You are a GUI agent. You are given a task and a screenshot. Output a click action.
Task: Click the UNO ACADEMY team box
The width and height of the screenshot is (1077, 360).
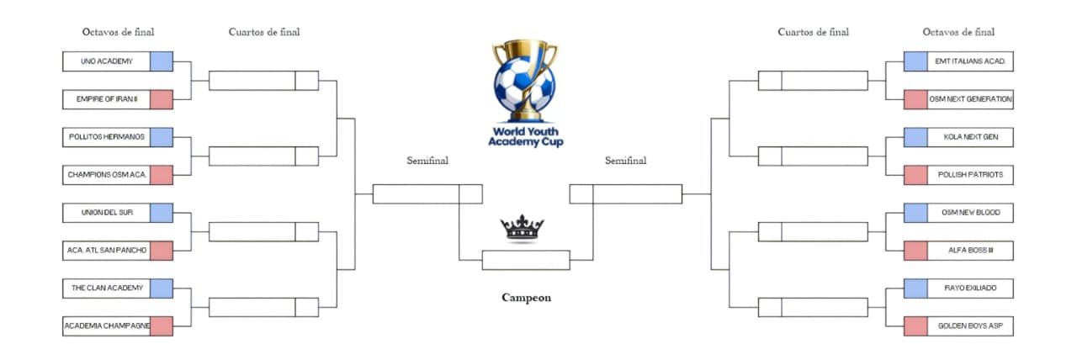(107, 61)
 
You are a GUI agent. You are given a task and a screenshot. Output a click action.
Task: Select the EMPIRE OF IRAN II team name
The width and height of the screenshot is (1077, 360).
(107, 99)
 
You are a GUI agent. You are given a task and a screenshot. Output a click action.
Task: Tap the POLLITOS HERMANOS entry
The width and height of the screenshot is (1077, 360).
(107, 137)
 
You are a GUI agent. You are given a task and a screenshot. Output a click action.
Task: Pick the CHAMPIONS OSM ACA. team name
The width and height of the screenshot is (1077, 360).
(107, 175)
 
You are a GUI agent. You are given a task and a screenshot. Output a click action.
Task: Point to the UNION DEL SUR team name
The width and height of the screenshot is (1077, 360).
(107, 213)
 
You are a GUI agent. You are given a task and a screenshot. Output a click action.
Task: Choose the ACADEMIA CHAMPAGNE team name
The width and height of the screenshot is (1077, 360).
(107, 326)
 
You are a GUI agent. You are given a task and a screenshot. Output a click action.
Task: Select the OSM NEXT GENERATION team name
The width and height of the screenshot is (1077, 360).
(970, 99)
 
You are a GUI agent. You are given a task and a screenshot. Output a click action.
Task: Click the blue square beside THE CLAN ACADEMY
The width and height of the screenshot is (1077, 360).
(162, 289)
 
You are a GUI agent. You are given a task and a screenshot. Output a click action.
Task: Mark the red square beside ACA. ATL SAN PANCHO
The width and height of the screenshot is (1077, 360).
(162, 251)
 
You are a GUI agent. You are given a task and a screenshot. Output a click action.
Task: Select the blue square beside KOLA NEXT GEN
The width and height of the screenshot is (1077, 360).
(915, 137)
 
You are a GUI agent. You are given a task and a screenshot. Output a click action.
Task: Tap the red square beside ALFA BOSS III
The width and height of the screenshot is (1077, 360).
(915, 251)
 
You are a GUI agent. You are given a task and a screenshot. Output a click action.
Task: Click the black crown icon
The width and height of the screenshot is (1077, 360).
(523, 228)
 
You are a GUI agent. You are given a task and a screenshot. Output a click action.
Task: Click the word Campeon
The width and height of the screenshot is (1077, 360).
(526, 298)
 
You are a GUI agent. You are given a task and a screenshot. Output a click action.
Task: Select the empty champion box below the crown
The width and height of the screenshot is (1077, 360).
(526, 260)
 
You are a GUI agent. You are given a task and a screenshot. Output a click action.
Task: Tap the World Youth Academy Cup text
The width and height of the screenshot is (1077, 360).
(526, 137)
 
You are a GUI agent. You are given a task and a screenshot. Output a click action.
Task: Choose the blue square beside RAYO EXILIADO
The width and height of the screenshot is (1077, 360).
(915, 289)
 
